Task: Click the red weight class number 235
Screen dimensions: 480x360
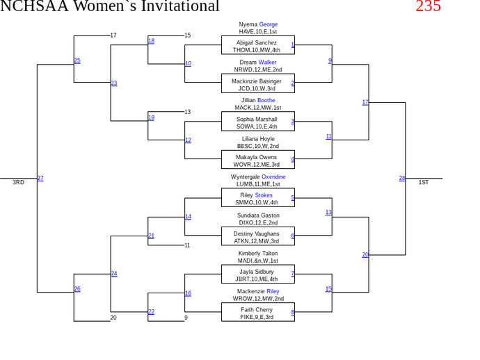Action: pyautogui.click(x=428, y=6)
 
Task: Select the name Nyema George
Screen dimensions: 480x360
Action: pyautogui.click(x=258, y=24)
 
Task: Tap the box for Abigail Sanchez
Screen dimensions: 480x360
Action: pyautogui.click(x=257, y=46)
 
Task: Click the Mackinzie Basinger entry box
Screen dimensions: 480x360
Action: pyautogui.click(x=257, y=84)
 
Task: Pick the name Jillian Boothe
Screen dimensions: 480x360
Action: pyautogui.click(x=258, y=101)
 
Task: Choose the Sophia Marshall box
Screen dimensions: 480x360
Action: pyautogui.click(x=257, y=122)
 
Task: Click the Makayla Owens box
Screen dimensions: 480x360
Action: pyautogui.click(x=257, y=161)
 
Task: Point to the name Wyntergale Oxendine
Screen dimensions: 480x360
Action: pyautogui.click(x=258, y=177)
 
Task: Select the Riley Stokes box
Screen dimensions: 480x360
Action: pyautogui.click(x=257, y=199)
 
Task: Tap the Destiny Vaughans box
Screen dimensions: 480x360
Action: pyautogui.click(x=257, y=237)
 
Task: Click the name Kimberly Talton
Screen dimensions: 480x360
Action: pyautogui.click(x=258, y=254)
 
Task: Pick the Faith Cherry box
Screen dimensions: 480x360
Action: pyautogui.click(x=257, y=313)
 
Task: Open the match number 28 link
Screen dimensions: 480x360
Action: pyautogui.click(x=402, y=179)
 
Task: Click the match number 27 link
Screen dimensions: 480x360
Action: pyautogui.click(x=40, y=179)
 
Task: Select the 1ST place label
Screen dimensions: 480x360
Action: pyautogui.click(x=424, y=183)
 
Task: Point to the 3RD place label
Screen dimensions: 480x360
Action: pyautogui.click(x=18, y=183)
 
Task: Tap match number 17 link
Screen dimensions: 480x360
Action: pyautogui.click(x=365, y=102)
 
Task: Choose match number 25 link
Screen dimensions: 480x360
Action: pyautogui.click(x=77, y=61)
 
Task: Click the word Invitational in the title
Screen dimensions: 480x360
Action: pyautogui.click(x=175, y=6)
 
